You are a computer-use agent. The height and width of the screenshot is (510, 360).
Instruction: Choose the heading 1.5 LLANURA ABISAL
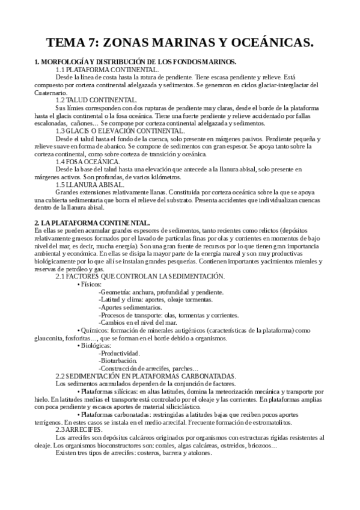(x=90, y=185)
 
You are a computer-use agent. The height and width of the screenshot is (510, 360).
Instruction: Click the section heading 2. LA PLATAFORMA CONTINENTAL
(x=91, y=222)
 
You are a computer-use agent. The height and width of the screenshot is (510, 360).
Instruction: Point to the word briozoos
(x=261, y=446)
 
